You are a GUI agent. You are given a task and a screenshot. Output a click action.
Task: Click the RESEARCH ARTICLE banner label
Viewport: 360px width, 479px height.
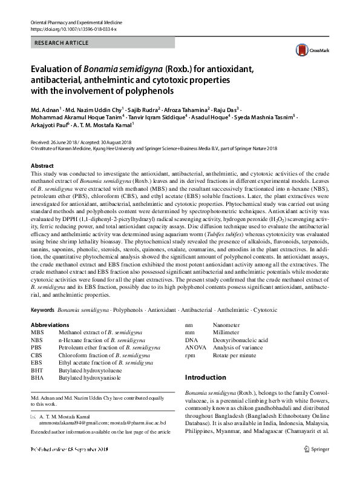click(63, 43)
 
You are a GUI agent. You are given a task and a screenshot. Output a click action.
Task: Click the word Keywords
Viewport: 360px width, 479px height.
click(42, 309)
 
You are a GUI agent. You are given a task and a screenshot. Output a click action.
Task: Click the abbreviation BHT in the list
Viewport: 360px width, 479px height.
click(37, 369)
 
